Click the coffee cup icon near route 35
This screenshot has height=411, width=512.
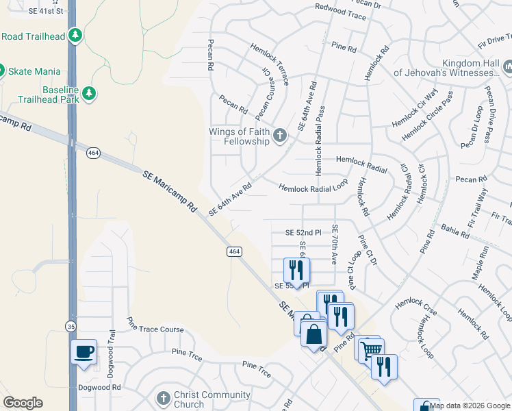coord(85,352)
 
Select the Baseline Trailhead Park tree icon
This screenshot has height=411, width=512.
coord(88,92)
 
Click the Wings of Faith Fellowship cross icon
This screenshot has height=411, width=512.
coord(279,136)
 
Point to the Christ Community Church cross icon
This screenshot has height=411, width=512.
coord(163,399)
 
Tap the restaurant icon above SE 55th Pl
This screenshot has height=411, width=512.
coord(297,269)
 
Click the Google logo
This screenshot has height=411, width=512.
coord(23,403)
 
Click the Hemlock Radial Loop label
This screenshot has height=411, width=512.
coord(313,187)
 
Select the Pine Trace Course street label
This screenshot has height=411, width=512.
coord(155,329)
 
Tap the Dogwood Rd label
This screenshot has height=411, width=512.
coord(100,387)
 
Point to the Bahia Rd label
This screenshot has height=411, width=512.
coord(455,231)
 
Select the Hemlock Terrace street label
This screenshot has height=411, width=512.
coord(270,64)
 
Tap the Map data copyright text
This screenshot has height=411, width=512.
coord(470,406)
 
